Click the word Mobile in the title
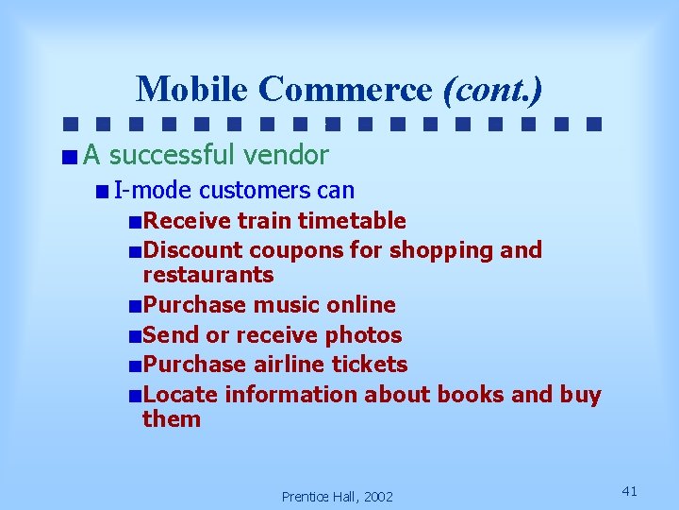[192, 89]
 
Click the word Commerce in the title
[345, 89]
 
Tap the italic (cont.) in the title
[493, 89]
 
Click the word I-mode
[153, 191]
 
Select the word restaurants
[207, 275]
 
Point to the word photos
[363, 335]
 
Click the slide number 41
[631, 490]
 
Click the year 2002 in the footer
[378, 497]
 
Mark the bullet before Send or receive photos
[137, 336]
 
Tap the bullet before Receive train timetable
[137, 222]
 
